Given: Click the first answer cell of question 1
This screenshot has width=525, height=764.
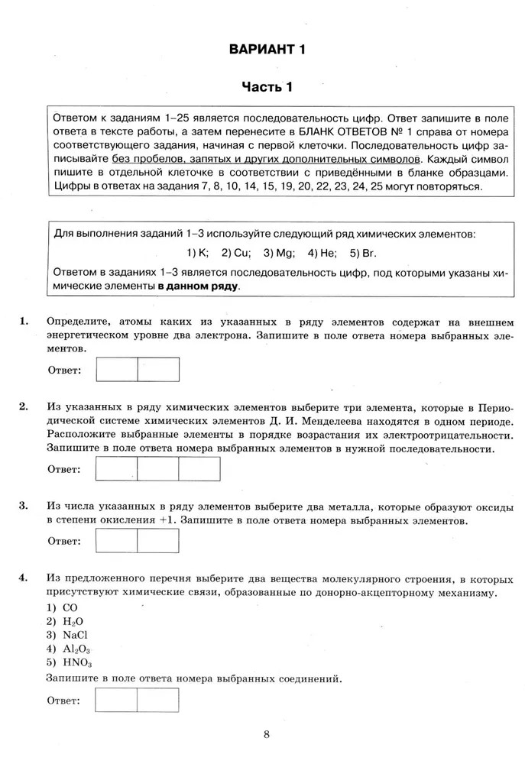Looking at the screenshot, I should point(116,369).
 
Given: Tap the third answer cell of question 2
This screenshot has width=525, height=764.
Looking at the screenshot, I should point(199,468).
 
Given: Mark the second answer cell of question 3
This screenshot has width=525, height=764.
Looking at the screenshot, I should point(158,540).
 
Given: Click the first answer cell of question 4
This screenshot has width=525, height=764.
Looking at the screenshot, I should point(116,700).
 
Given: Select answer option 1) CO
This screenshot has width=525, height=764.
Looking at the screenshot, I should point(63,607).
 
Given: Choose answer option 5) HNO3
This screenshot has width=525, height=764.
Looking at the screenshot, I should point(69,662).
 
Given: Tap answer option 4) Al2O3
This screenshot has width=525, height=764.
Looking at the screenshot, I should point(68,649).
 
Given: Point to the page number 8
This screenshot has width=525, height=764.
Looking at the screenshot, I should point(266,735).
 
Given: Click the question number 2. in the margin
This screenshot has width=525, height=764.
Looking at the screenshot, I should point(24,406).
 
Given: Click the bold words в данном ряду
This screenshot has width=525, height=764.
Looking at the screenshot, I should point(199,286).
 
